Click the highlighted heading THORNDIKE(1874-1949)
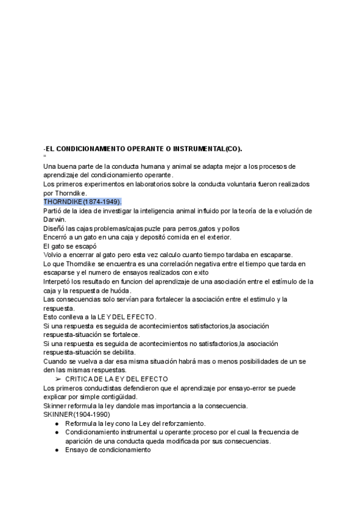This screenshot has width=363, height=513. pos(83,201)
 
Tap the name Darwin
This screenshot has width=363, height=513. pos(56,220)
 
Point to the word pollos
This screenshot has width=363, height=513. pos(227,229)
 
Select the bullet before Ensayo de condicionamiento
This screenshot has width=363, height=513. pos(56,450)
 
